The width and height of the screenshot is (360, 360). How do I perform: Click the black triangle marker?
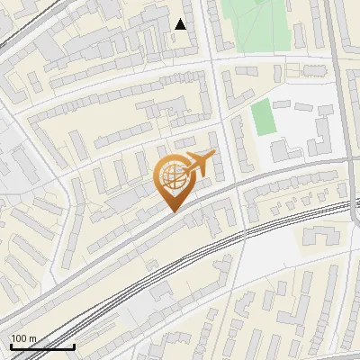tap(181, 24)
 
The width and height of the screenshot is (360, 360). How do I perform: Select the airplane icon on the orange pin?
tap(199, 165)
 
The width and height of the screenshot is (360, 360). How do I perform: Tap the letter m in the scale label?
tap(34, 338)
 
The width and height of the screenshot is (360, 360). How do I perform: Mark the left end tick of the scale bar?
tap(11, 345)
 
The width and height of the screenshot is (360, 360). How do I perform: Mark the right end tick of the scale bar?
tap(74, 345)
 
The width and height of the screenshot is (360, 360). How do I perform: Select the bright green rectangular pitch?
tap(261, 118)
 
